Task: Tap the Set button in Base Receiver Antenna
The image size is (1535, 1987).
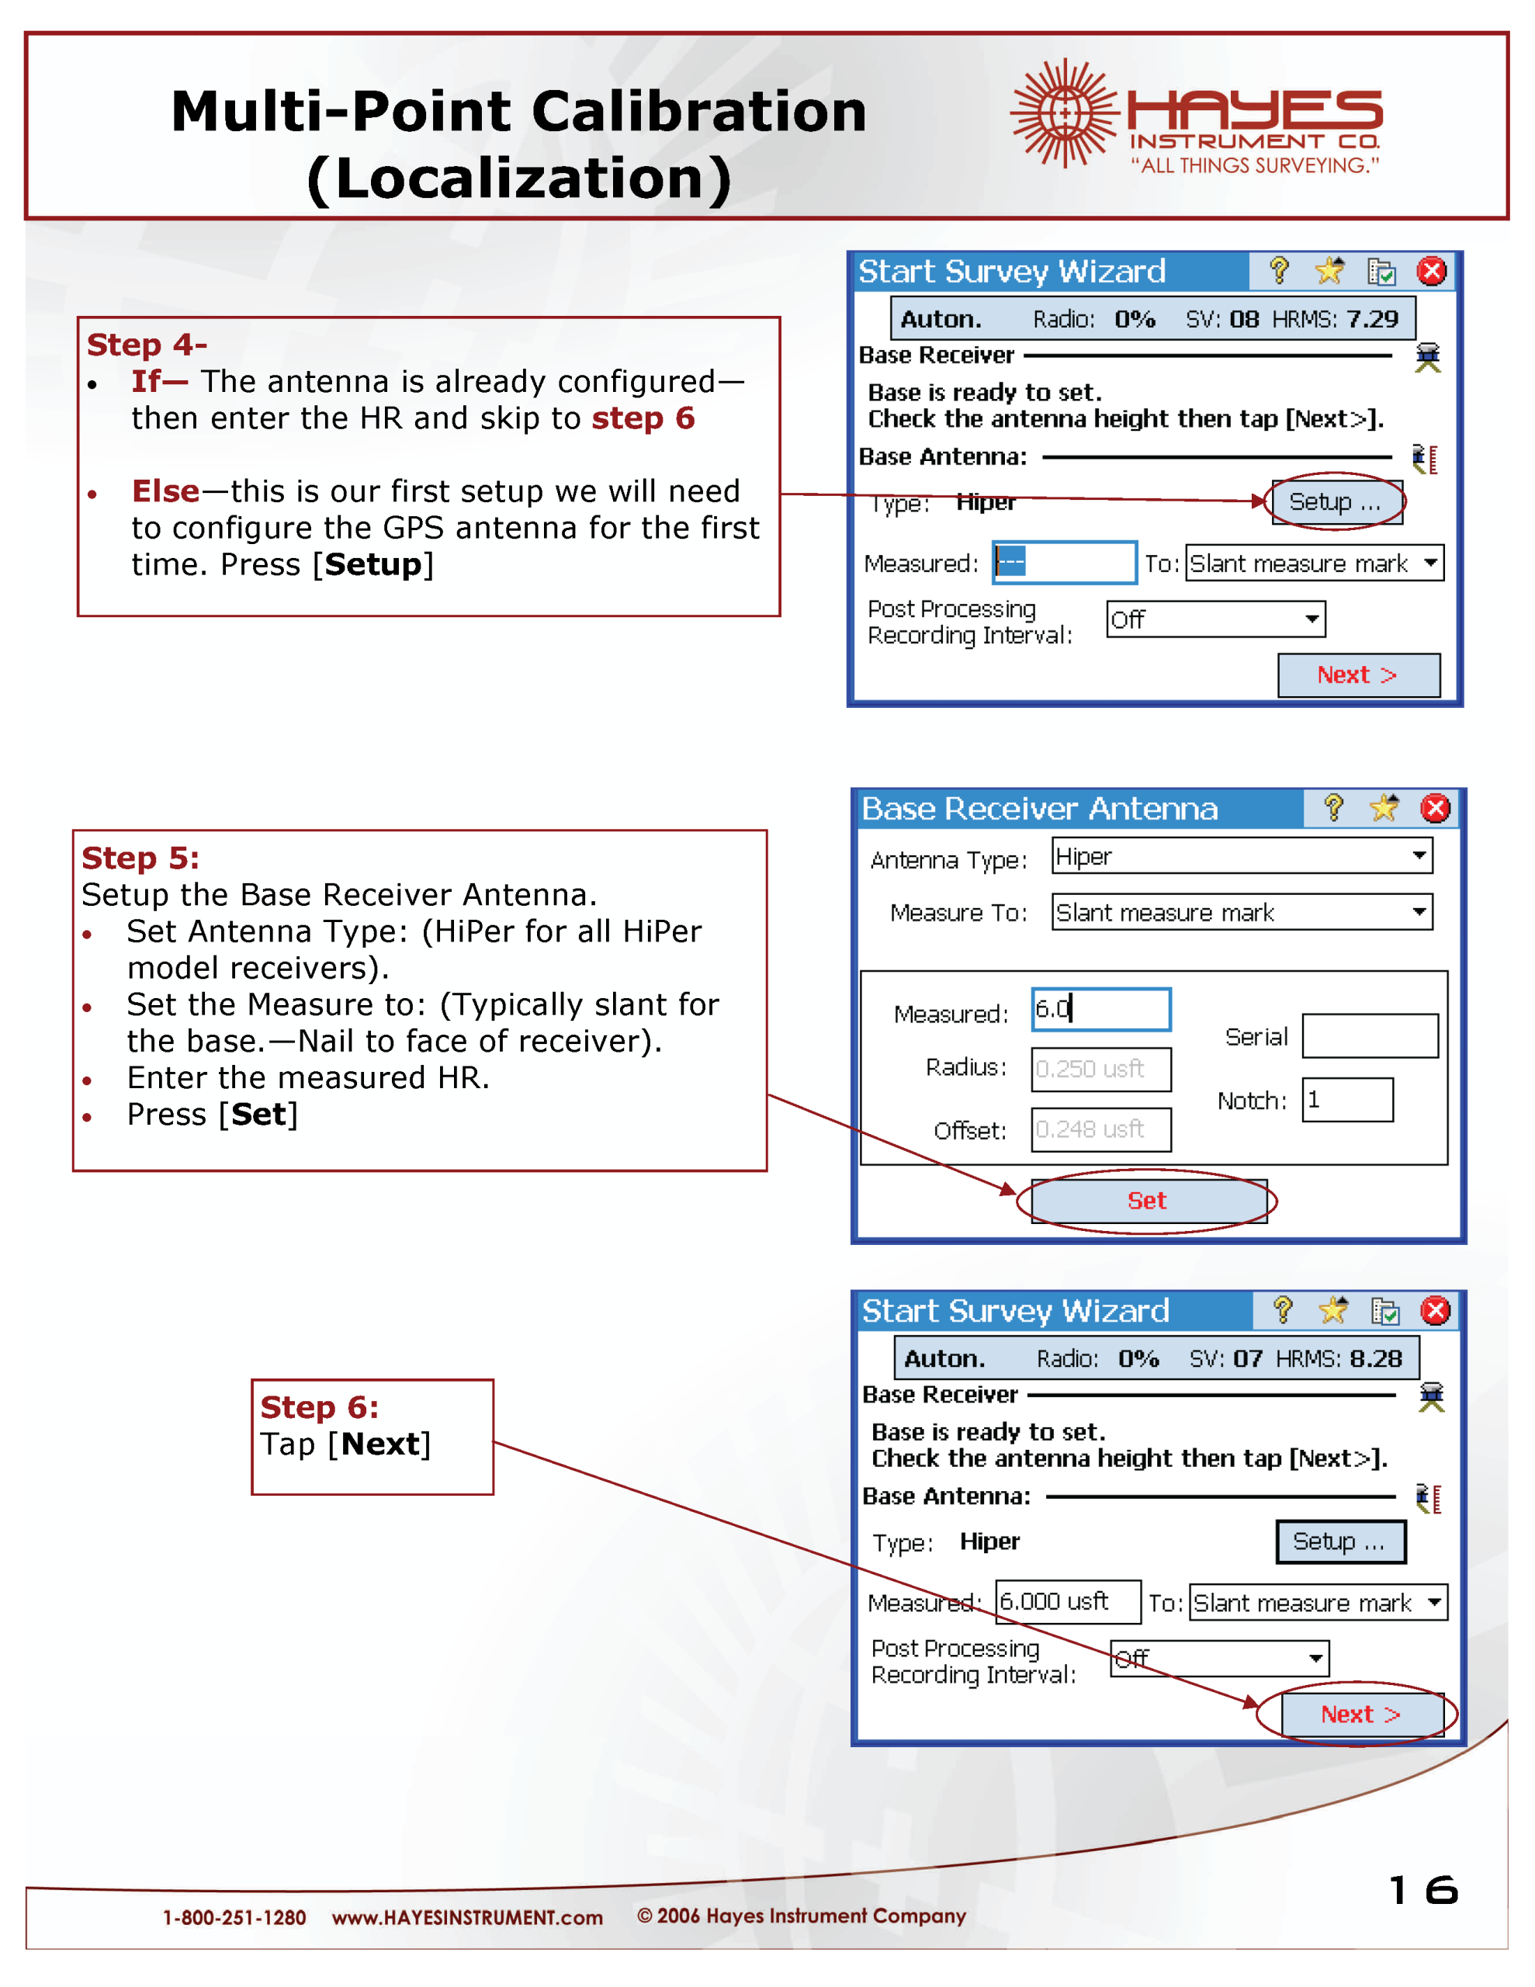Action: [1148, 1201]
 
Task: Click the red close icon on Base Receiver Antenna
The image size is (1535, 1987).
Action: [1435, 808]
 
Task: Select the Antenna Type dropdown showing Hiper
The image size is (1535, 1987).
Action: [1241, 856]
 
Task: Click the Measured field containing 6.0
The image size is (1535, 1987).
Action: [1100, 1009]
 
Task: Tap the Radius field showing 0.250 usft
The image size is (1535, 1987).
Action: [1100, 1069]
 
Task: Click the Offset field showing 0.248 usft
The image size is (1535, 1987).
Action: [1100, 1129]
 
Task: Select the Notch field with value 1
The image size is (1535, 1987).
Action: [1346, 1100]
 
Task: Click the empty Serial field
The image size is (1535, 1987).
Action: [1370, 1036]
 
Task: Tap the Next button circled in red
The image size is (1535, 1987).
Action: [1360, 1714]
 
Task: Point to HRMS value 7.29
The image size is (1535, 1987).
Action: [1372, 319]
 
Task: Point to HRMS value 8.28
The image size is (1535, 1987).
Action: [1376, 1358]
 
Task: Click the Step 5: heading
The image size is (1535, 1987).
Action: [141, 858]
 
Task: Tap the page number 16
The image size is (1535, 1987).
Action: [1423, 1890]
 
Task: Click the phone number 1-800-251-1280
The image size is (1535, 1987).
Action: [234, 1918]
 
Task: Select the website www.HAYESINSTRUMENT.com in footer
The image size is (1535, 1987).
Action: [466, 1918]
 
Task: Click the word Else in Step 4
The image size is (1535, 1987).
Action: [165, 491]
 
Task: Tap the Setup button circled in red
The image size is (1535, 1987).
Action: [1336, 501]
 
